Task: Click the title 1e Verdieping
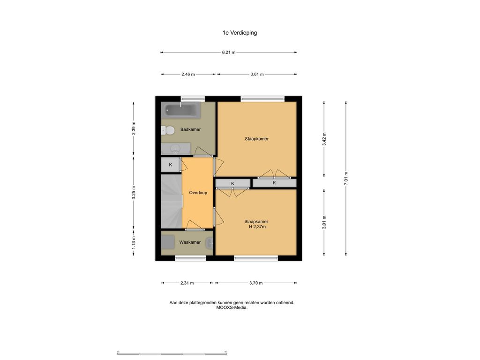tap(240, 33)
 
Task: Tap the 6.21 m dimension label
tap(229, 52)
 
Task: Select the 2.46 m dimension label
tap(188, 74)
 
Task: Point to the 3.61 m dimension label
tap(257, 74)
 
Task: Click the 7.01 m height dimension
tap(346, 178)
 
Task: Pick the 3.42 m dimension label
tap(324, 139)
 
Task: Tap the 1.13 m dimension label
tap(134, 242)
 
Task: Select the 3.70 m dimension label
tap(256, 283)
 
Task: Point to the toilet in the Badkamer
tap(168, 131)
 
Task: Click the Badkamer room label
tap(190, 129)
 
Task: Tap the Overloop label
tap(198, 193)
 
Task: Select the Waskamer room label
tap(190, 242)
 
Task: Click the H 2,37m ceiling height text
tap(257, 227)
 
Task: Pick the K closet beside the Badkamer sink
tap(171, 165)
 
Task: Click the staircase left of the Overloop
tap(172, 201)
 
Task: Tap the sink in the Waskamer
tap(210, 243)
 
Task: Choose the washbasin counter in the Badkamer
tap(176, 149)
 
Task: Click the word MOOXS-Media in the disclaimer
tap(232, 307)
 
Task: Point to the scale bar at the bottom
tap(172, 353)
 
